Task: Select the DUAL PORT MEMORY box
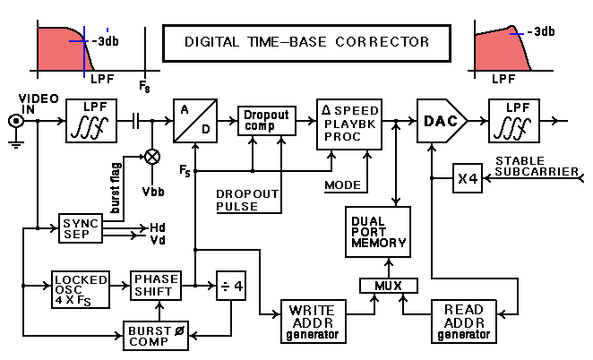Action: tap(377, 232)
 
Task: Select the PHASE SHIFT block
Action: tap(156, 286)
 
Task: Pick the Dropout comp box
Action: tap(266, 122)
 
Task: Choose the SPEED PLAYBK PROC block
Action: tap(348, 124)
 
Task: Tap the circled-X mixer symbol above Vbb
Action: tap(152, 156)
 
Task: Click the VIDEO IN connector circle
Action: tap(15, 122)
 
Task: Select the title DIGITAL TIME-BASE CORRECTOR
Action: tap(306, 41)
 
